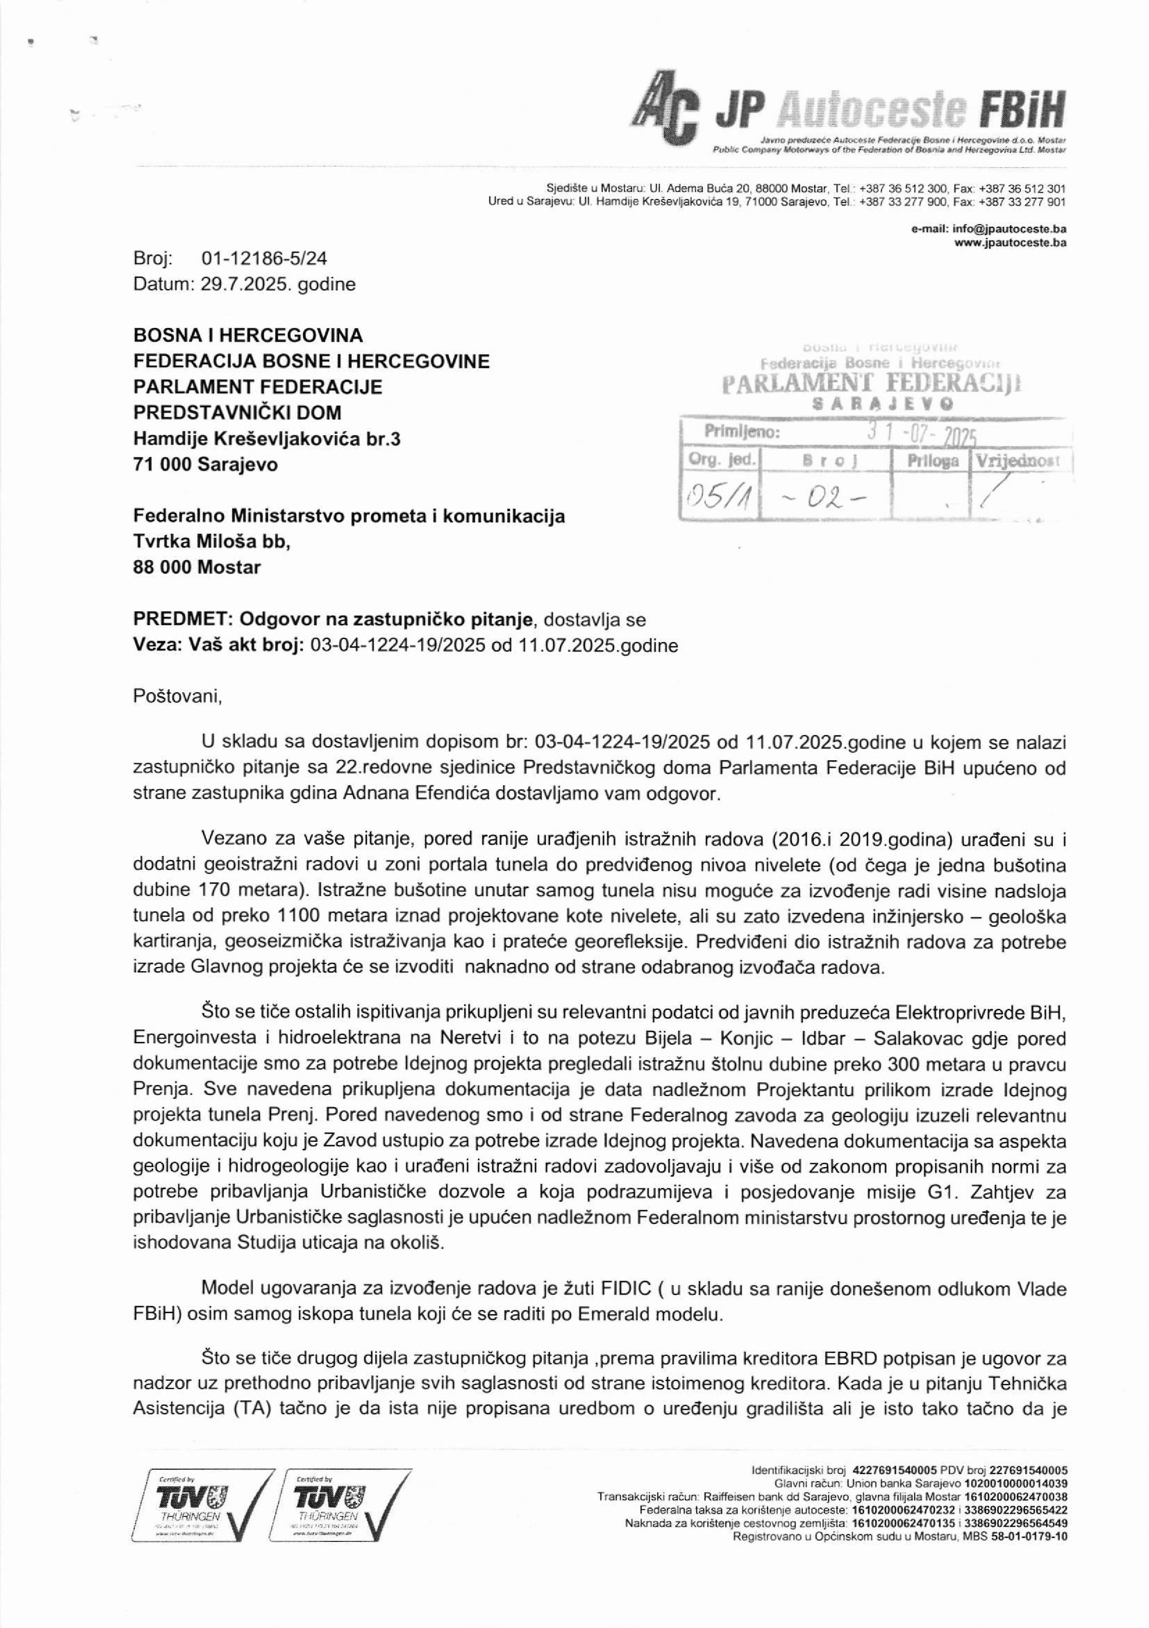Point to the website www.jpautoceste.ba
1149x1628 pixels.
tap(1010, 243)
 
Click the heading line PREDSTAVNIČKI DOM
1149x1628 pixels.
tap(237, 413)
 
